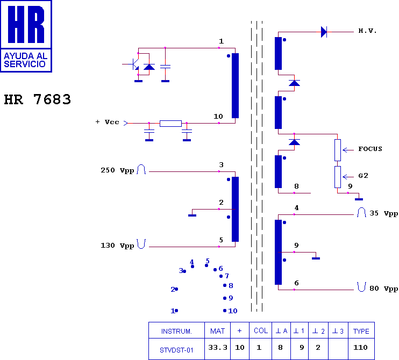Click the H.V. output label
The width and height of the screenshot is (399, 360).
367,31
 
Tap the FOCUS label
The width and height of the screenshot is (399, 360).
370,149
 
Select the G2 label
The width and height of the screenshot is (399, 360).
363,176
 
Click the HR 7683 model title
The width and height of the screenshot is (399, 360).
38,99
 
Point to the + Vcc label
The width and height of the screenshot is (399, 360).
107,122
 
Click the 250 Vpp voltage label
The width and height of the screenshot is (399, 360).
117,170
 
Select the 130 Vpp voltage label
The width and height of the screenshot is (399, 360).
117,246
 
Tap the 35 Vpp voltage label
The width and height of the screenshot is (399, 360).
384,213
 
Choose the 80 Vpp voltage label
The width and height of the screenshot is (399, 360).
384,289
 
